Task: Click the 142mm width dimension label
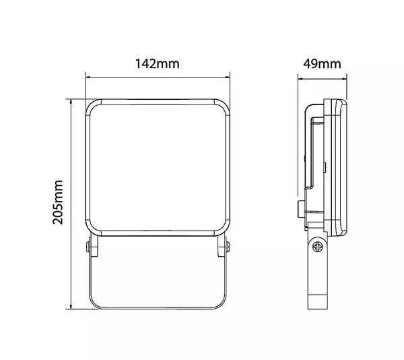(x=158, y=63)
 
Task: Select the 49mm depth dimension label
(x=322, y=63)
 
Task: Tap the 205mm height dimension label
(x=58, y=202)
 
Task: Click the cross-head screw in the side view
(x=317, y=247)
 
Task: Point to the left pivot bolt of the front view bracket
(x=88, y=247)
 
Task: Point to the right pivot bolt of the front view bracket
(x=228, y=247)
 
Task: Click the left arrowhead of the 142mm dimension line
(x=88, y=77)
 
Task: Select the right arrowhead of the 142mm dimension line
(x=228, y=77)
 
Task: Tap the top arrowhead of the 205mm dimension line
(x=71, y=101)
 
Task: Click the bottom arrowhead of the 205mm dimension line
(x=71, y=306)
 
